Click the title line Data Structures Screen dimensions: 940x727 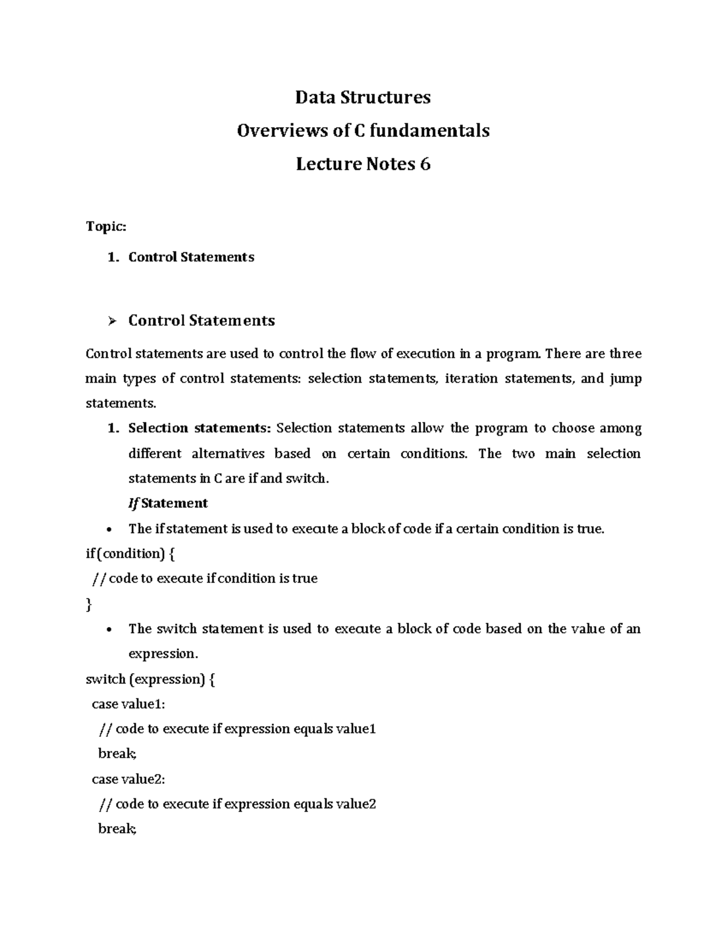363,97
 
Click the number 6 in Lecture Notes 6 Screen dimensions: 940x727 425,164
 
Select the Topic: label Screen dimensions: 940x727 106,226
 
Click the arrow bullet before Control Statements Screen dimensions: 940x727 111,321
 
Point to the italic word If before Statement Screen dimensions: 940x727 133,504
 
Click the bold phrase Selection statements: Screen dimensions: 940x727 199,429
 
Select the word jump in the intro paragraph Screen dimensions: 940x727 625,379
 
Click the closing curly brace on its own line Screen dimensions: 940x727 89,604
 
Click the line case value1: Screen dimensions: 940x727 128,704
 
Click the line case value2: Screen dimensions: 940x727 128,779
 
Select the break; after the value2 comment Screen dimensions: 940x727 118,829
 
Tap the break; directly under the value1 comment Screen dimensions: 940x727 118,754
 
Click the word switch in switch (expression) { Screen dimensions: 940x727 105,679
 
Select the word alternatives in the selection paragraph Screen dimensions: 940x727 228,454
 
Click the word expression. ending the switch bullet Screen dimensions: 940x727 163,654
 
